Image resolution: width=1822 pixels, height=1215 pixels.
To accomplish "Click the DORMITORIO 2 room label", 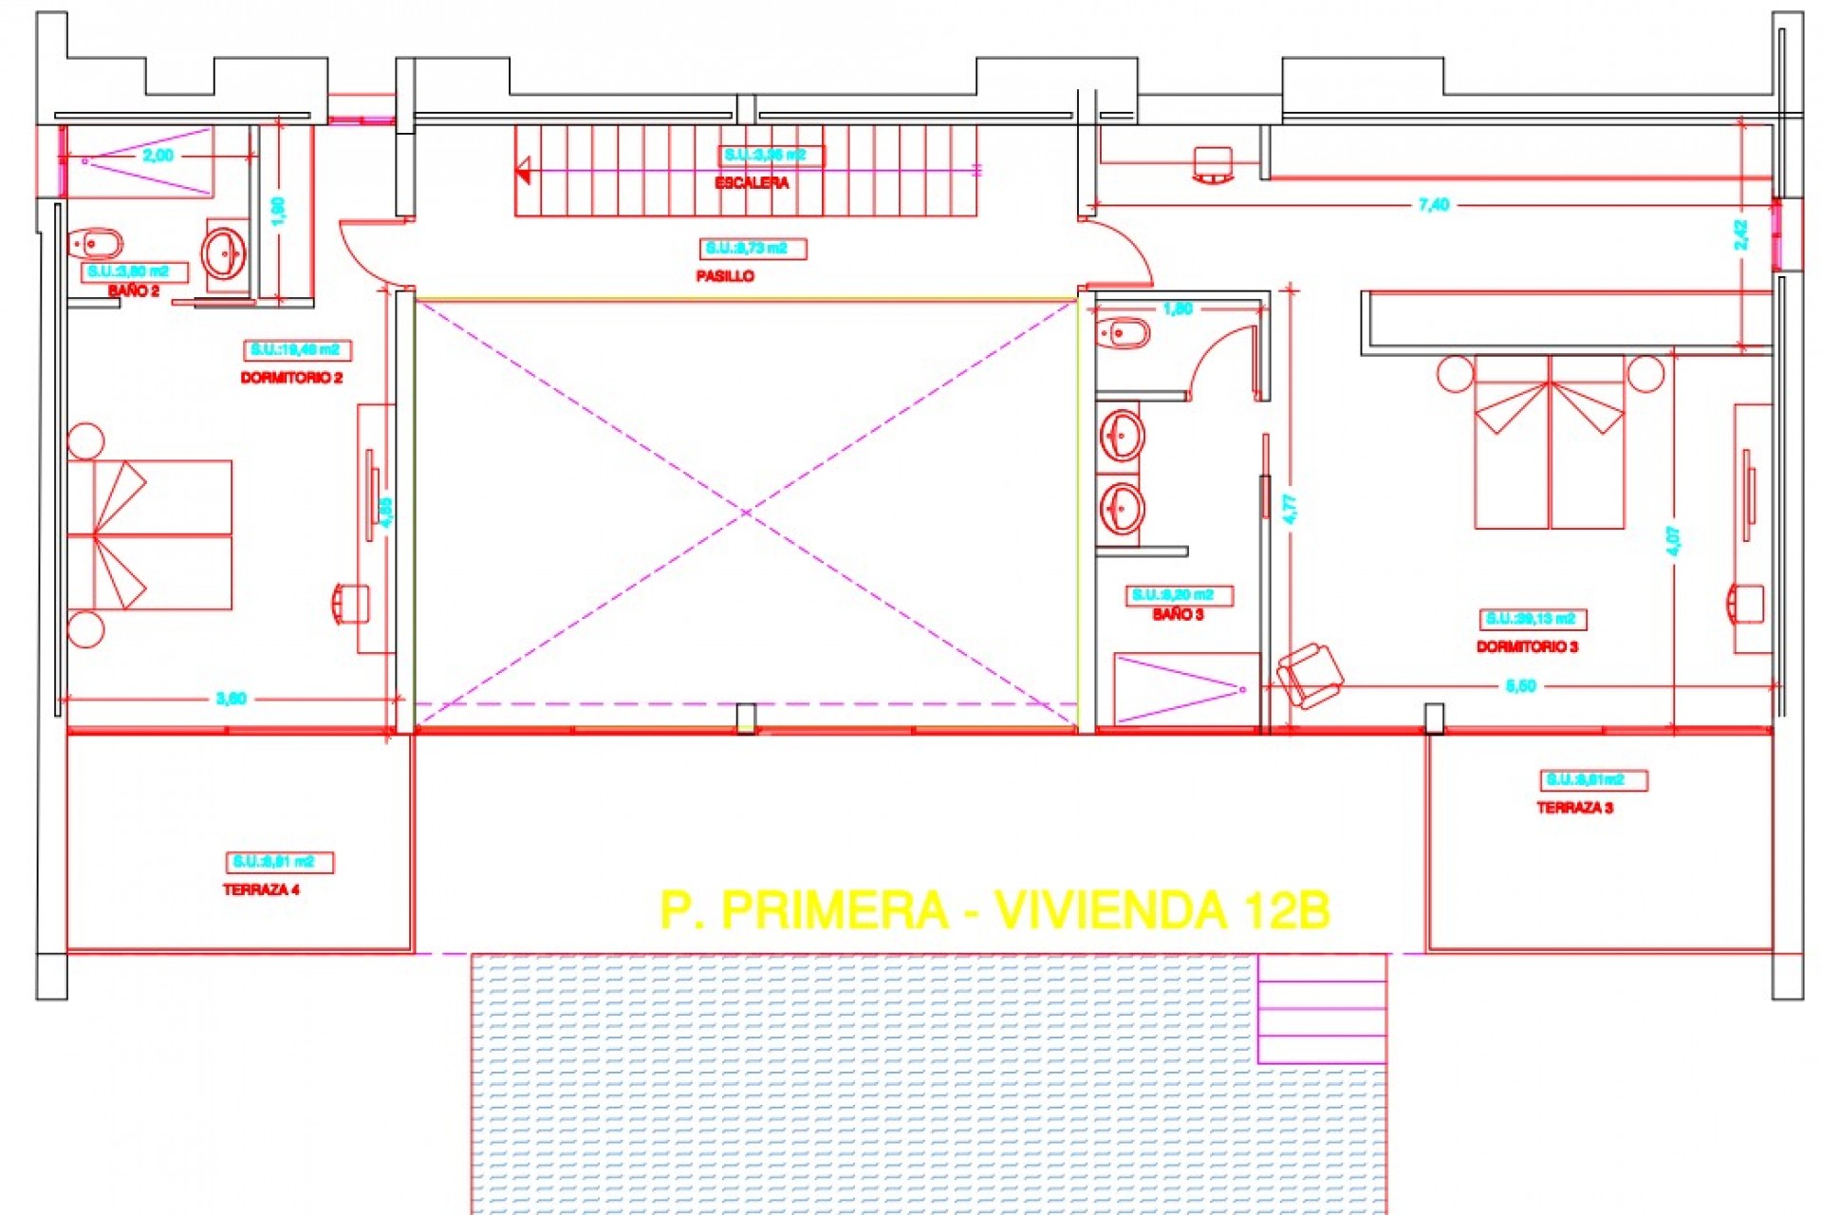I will point(291,378).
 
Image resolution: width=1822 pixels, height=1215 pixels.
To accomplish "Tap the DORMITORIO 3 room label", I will point(1527,647).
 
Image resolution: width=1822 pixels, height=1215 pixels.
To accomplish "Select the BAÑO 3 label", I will point(1178,615).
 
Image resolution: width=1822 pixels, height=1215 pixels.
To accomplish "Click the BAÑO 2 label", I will point(134,291).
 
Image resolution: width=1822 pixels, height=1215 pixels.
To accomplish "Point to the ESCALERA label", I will point(752,183).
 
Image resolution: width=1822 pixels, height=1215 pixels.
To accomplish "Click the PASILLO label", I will point(725,276).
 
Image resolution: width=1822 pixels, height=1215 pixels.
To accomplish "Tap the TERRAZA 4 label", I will point(261,890).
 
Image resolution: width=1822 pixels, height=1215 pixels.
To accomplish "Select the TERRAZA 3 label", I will point(1574,808).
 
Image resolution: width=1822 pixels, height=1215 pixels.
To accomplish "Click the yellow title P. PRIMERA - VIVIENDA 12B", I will point(994,911).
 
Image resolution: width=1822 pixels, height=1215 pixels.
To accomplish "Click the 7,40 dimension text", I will point(1433,205).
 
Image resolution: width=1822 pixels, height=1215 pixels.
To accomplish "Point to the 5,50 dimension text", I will point(1520,686).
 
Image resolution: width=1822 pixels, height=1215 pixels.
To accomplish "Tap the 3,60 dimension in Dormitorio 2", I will point(231,700).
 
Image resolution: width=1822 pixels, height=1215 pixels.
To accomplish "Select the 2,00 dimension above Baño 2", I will point(158,156).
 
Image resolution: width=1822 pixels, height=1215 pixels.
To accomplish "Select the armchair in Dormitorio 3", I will point(1310,675).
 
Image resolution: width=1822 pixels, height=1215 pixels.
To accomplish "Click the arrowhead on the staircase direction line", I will point(523,172).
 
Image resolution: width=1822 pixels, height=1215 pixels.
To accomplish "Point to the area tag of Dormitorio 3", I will point(1532,619).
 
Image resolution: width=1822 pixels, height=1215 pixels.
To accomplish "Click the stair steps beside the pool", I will point(1321,1008).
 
